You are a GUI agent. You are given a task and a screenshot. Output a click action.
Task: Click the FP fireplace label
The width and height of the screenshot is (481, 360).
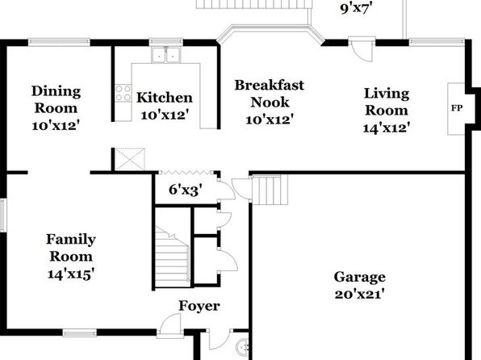coord(457,108)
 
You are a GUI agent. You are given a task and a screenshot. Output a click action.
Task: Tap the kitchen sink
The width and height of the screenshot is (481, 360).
coord(166,55)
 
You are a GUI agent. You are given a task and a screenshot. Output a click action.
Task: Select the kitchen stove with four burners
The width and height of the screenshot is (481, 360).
coord(123,94)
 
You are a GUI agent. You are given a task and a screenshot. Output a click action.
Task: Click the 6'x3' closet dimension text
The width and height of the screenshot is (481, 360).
coord(186,190)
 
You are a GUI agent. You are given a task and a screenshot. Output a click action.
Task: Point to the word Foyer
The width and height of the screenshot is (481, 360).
coord(199,306)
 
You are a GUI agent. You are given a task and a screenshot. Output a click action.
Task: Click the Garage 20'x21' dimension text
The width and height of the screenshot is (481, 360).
coord(359,295)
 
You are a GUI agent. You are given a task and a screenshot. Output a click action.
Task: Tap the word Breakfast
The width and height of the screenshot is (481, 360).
coord(270,86)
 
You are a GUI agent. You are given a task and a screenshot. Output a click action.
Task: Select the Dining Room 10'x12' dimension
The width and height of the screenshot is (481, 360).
coord(56,126)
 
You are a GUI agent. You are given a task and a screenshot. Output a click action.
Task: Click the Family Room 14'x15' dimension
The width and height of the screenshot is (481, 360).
coord(70,274)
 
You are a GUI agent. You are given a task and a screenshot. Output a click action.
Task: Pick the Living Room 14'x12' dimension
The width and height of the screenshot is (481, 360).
coord(387,128)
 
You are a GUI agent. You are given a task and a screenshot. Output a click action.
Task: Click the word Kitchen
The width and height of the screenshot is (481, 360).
coord(165,98)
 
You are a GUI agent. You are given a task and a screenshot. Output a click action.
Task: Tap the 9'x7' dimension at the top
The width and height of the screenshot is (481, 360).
coord(356,8)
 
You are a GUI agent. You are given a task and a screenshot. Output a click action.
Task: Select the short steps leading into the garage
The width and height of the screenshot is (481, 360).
coord(270,190)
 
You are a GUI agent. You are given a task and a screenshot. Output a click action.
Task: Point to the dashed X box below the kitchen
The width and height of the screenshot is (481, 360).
coord(129,159)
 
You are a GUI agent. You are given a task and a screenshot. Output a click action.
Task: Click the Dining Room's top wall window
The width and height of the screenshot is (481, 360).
coord(59,42)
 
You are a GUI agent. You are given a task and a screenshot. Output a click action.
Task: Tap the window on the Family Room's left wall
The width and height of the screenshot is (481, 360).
coord(2,215)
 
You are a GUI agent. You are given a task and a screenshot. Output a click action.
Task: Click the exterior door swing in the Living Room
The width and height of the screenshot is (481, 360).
coord(362,49)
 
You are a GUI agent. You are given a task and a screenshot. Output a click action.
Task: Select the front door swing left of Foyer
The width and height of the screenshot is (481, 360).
coord(170,326)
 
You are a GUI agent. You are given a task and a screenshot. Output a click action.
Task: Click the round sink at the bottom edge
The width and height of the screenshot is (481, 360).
coord(243,347)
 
